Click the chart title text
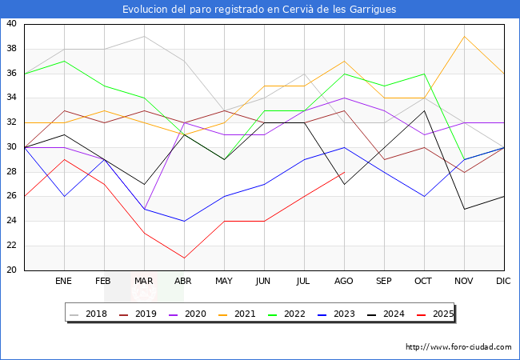click(x=259, y=10)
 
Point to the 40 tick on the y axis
click(x=11, y=24)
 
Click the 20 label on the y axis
click(x=11, y=270)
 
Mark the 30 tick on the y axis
click(x=11, y=147)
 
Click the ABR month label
click(x=184, y=282)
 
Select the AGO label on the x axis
click(x=344, y=282)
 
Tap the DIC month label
click(x=504, y=282)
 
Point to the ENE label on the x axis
click(x=64, y=282)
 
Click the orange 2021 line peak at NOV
click(x=464, y=37)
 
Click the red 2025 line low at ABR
click(x=184, y=258)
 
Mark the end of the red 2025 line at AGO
click(x=344, y=172)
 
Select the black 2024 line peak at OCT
click(x=424, y=110)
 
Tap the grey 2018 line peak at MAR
click(x=144, y=37)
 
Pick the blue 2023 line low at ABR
click(x=184, y=221)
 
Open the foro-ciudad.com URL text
click(x=458, y=347)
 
